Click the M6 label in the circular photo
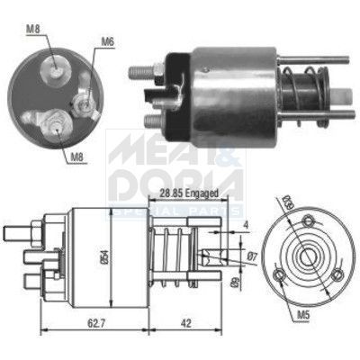pos(107,40)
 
